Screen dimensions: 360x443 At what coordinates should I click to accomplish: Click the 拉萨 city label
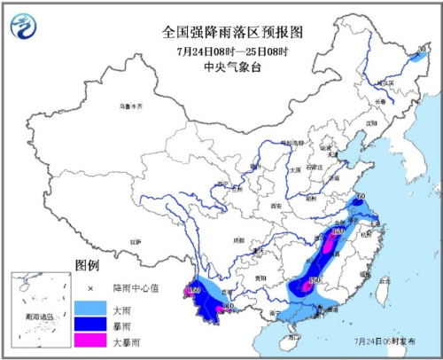click(136, 240)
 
